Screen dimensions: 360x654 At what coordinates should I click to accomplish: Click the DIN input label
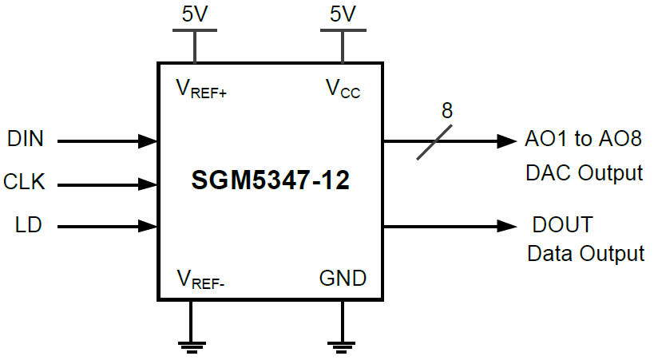tap(25, 139)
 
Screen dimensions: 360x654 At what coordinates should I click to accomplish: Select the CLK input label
tap(25, 182)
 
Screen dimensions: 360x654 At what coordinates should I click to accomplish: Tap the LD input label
tap(29, 226)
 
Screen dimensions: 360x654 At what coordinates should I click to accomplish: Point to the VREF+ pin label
tap(201, 89)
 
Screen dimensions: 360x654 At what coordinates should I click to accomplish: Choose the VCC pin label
tap(343, 89)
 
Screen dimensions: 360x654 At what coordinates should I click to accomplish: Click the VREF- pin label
tap(201, 279)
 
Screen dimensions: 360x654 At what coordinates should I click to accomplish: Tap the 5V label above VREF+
tap(194, 14)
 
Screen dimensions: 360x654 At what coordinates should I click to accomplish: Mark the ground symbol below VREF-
tap(191, 346)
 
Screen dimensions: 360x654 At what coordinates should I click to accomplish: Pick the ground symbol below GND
tap(342, 346)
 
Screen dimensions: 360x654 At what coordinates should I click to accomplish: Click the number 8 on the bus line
tap(446, 111)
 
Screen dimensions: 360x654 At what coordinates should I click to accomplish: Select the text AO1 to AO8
tap(583, 139)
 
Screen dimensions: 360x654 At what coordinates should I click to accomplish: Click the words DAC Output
tap(584, 172)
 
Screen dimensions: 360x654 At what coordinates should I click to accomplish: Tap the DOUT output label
tap(563, 224)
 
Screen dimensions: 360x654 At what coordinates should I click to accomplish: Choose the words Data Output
tap(585, 254)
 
